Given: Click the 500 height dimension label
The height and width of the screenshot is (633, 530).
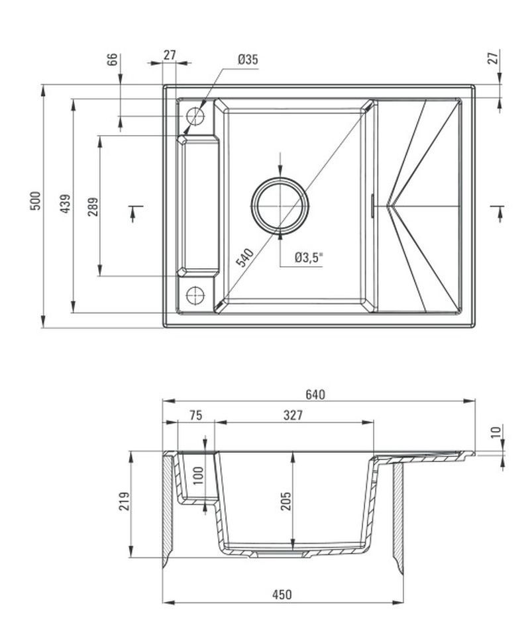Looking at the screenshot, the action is tap(36, 201).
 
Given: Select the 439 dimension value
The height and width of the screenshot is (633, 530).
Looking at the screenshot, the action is tap(65, 204).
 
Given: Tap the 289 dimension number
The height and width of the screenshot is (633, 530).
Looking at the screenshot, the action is tap(93, 207).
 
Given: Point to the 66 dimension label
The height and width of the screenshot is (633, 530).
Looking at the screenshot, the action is tap(113, 59).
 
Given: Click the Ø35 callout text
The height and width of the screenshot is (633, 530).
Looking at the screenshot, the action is tap(248, 60).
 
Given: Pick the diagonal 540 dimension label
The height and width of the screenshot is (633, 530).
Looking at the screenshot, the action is tap(245, 258).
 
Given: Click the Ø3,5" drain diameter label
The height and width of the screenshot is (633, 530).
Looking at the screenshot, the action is tap(309, 257).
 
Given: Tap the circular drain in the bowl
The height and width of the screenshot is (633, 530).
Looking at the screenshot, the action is tap(280, 205).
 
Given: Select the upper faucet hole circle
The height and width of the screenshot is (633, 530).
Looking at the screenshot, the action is tap(195, 117).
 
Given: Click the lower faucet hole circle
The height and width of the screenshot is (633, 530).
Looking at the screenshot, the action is tap(195, 295).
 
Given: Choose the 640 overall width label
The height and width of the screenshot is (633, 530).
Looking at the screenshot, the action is tap(315, 395).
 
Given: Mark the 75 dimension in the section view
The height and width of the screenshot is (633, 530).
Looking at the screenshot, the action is tap(196, 415).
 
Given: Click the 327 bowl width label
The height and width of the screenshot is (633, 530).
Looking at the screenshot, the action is tap(293, 415).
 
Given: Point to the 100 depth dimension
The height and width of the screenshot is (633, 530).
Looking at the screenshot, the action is tap(199, 476).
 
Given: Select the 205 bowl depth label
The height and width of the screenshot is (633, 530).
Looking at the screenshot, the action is tap(286, 501).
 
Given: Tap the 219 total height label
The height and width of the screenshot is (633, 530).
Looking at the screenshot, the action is tap(124, 501).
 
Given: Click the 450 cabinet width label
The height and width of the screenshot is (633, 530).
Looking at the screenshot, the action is tap(282, 595).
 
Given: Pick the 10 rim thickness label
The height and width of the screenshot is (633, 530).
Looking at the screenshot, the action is tap(496, 432).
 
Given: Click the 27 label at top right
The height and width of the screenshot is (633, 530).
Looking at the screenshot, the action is tap(493, 58).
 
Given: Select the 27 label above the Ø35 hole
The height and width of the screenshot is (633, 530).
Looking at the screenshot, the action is tap(170, 55).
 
